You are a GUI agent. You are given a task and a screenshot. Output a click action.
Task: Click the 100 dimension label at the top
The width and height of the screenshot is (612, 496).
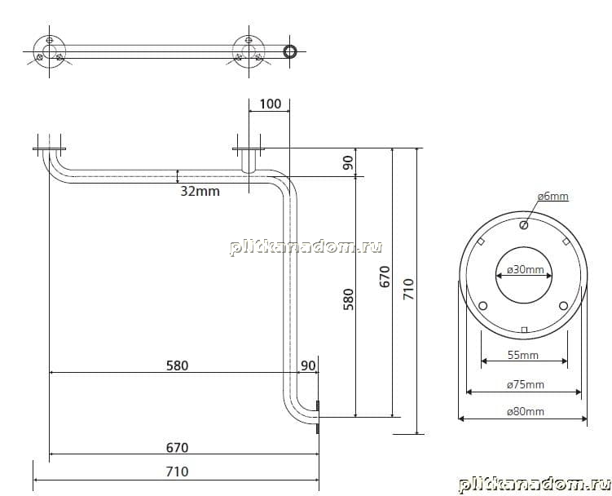tap(270, 104)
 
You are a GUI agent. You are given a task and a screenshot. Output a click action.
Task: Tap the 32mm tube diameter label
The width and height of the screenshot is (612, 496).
tap(200, 191)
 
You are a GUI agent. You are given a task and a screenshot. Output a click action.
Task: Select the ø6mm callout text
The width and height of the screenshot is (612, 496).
tap(553, 197)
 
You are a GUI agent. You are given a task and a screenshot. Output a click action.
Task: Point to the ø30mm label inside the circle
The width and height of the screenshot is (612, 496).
tap(525, 270)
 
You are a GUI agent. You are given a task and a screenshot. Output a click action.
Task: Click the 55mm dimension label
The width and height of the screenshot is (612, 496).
tap(523, 355)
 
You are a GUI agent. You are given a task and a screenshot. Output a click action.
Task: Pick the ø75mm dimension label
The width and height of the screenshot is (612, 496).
tap(526, 384)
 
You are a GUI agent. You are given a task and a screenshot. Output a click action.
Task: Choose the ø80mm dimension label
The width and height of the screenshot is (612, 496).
tap(526, 411)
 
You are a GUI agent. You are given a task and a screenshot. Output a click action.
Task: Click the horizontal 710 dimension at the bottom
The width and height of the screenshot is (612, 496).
tap(177, 472)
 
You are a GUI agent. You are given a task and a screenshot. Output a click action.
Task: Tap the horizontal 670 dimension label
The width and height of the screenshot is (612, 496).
tap(177, 448)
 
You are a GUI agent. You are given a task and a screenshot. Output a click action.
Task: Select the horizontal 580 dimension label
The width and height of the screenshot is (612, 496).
tap(177, 365)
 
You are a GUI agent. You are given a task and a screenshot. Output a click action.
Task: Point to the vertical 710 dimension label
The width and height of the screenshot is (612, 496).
tap(408, 290)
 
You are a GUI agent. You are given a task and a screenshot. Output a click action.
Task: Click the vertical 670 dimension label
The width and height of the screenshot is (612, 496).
tap(385, 277)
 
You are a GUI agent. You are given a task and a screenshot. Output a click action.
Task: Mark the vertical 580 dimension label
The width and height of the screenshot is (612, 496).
tap(348, 299)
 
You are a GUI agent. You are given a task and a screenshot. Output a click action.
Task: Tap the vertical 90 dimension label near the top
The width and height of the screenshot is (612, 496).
tap(348, 162)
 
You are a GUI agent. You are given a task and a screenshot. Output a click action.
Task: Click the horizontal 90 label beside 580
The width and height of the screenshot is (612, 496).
tap(308, 365)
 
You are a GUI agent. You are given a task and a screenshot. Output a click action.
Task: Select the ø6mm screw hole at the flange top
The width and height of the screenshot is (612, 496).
tap(524, 225)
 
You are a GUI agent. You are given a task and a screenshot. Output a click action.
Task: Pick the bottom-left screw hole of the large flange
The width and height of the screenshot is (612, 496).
tap(482, 306)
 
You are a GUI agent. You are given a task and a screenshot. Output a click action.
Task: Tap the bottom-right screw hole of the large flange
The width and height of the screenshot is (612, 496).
tap(563, 306)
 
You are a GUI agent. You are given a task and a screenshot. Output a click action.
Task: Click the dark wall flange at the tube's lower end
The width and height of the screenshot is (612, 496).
tap(318, 417)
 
